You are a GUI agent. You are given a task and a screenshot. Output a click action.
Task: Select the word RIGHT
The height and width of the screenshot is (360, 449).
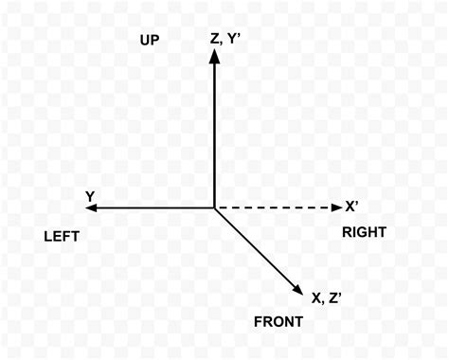(365, 231)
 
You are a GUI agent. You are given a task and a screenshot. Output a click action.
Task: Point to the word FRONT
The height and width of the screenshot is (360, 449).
(278, 322)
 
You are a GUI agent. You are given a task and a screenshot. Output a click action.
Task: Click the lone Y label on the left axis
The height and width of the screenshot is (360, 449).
(89, 196)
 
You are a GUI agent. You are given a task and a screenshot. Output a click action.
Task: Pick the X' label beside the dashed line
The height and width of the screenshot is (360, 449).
(352, 207)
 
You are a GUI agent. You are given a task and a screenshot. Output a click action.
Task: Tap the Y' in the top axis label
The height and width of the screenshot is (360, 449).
(236, 39)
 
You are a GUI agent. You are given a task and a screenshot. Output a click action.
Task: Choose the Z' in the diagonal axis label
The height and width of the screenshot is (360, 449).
(335, 297)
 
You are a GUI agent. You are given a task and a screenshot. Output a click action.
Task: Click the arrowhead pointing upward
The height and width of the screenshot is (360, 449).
(215, 57)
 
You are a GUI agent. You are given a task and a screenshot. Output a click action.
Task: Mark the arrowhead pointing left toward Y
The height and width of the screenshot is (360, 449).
(93, 207)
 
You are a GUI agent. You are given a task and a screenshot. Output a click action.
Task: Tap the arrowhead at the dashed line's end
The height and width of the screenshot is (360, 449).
(335, 207)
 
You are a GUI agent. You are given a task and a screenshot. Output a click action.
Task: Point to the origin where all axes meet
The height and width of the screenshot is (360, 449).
(215, 207)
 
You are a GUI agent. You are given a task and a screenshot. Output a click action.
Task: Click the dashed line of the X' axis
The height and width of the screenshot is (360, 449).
(275, 207)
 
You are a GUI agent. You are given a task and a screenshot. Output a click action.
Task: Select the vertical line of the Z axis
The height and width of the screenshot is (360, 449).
(215, 133)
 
